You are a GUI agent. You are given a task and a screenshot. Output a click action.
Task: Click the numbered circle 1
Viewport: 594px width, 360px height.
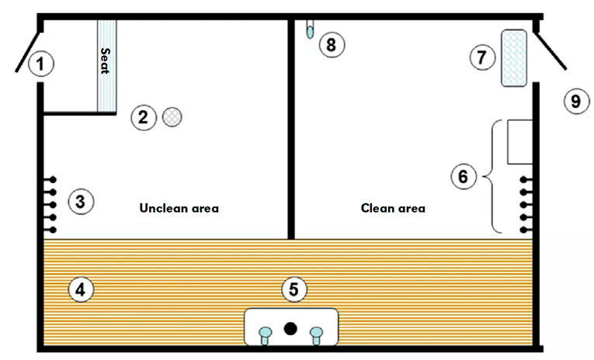point(41,64)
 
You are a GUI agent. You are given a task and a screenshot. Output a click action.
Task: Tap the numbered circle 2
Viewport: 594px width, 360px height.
point(144,117)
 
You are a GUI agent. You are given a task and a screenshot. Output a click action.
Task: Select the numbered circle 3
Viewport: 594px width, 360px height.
point(81,202)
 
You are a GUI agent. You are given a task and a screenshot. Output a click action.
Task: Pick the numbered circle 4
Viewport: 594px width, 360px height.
point(81,289)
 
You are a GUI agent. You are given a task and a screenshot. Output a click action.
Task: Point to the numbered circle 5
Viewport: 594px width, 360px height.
point(294,289)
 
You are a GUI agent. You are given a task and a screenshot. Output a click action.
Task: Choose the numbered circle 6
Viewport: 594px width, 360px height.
point(464,176)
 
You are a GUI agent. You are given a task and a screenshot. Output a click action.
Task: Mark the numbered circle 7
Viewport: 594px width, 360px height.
point(482,57)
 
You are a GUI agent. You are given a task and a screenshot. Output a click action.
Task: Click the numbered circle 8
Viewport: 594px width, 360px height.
point(332,45)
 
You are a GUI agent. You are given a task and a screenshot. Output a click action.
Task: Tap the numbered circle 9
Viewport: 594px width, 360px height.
point(577,101)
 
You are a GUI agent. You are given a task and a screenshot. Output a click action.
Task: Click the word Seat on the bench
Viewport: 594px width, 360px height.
point(106,61)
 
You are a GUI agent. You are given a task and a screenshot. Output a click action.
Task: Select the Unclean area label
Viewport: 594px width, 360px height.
point(179,208)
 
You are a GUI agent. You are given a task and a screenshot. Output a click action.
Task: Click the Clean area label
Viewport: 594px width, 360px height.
point(393,208)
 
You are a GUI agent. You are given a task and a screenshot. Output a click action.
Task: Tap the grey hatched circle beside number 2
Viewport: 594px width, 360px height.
point(172,117)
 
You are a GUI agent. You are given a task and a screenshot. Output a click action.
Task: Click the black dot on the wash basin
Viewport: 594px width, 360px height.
point(290,328)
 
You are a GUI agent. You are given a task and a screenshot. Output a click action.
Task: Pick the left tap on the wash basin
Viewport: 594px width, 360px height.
point(266,335)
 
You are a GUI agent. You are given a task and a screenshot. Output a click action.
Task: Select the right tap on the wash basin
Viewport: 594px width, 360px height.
point(316,335)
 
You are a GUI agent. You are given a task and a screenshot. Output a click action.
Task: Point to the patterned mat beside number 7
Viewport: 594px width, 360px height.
point(514,58)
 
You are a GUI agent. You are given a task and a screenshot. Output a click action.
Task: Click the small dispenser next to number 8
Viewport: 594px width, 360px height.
point(310,29)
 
